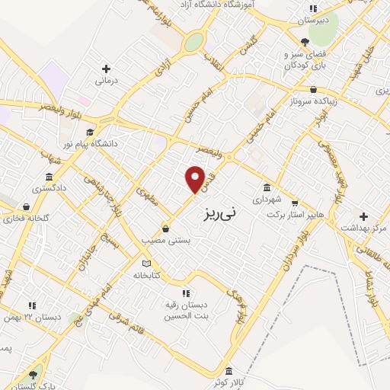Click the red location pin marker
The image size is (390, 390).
[195, 179]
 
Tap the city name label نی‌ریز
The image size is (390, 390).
[222, 214]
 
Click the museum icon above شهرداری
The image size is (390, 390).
[267, 187]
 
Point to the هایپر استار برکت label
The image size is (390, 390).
[295, 215]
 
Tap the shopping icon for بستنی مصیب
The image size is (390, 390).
[165, 229]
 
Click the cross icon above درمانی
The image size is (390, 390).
[105, 68]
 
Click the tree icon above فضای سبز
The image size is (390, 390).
[305, 43]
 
